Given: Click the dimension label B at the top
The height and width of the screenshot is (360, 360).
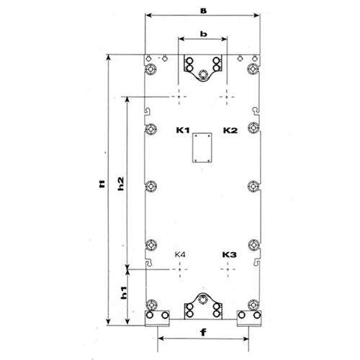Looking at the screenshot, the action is pos(204,11).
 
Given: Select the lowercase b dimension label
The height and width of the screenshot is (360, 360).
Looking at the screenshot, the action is pos(204,34).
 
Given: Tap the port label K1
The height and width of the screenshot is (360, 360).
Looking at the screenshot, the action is pos(183,130).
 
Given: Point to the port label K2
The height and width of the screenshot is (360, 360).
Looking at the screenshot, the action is pos(230,130).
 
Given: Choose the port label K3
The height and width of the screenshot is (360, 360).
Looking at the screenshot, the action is pos(230,254).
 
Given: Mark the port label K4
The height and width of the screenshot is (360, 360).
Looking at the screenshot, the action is pos(180,254).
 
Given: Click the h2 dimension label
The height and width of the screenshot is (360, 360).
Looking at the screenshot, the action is pos(122,184).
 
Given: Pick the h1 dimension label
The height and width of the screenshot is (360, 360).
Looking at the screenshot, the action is pos(123,293).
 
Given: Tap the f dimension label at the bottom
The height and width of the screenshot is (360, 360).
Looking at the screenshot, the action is pos(203,333).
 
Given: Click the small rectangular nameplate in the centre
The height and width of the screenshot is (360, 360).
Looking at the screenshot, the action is pos(202,148).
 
